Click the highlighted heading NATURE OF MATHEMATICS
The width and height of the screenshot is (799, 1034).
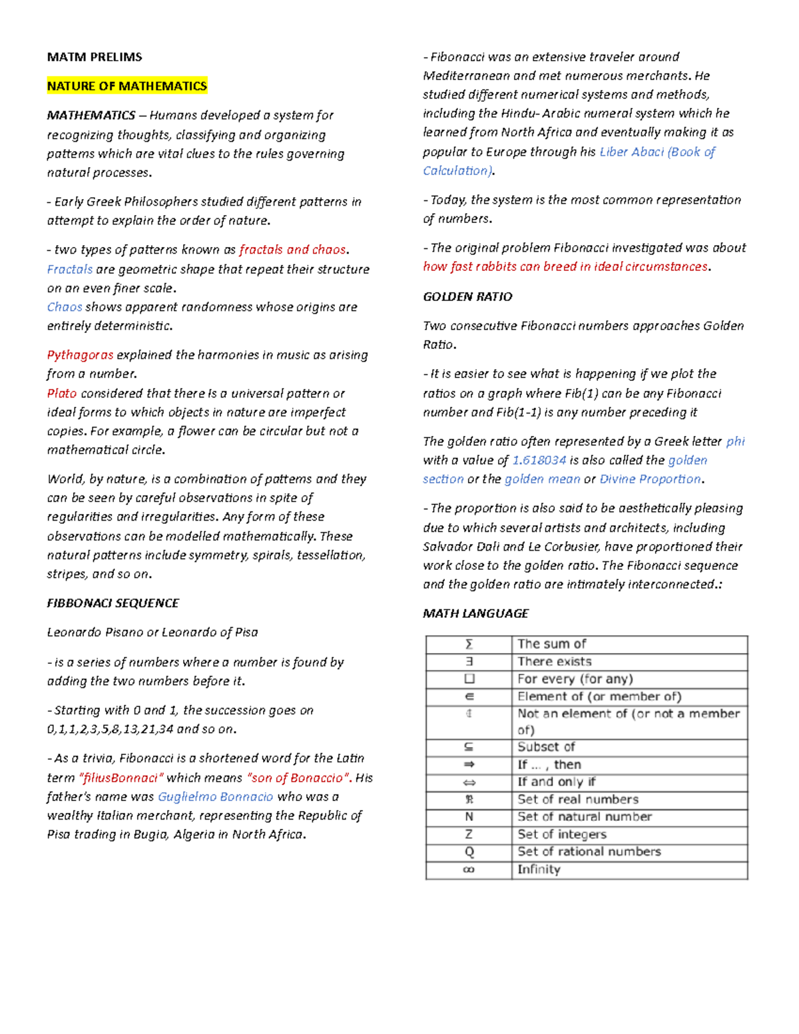pyautogui.click(x=127, y=86)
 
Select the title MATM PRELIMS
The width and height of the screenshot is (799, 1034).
pyautogui.click(x=94, y=57)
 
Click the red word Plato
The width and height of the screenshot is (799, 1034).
pyautogui.click(x=62, y=393)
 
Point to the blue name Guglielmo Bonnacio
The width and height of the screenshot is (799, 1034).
pyautogui.click(x=215, y=797)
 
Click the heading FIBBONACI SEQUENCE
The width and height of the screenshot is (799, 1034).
pyautogui.click(x=113, y=603)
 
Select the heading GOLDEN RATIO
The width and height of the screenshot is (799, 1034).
pyautogui.click(x=467, y=297)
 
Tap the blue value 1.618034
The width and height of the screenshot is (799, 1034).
pyautogui.click(x=539, y=460)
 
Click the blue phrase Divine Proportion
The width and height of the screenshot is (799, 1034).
pyautogui.click(x=651, y=479)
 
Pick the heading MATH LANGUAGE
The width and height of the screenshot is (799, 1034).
pyautogui.click(x=475, y=613)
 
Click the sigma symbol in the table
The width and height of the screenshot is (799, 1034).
pyautogui.click(x=469, y=644)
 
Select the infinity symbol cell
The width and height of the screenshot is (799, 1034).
pyautogui.click(x=469, y=870)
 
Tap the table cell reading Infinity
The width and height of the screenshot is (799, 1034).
pyautogui.click(x=539, y=870)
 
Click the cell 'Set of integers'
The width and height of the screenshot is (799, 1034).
pyautogui.click(x=562, y=834)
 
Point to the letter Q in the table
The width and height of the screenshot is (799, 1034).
pyautogui.click(x=469, y=852)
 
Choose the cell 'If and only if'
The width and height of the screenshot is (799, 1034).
pyautogui.click(x=557, y=782)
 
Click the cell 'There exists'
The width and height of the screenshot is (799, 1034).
pyautogui.click(x=555, y=662)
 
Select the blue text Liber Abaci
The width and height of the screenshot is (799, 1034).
pyautogui.click(x=632, y=152)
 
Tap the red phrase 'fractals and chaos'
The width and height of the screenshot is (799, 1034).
pyautogui.click(x=292, y=250)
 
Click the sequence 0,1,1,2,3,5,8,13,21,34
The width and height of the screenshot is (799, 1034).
pyautogui.click(x=110, y=729)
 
